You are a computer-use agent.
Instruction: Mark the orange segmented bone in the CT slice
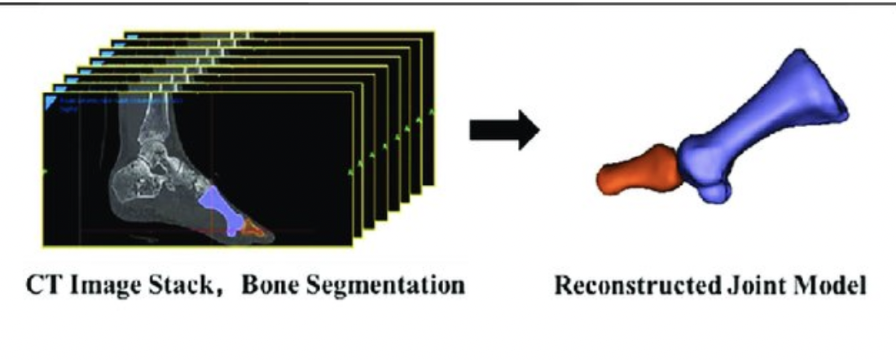point(255,230)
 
